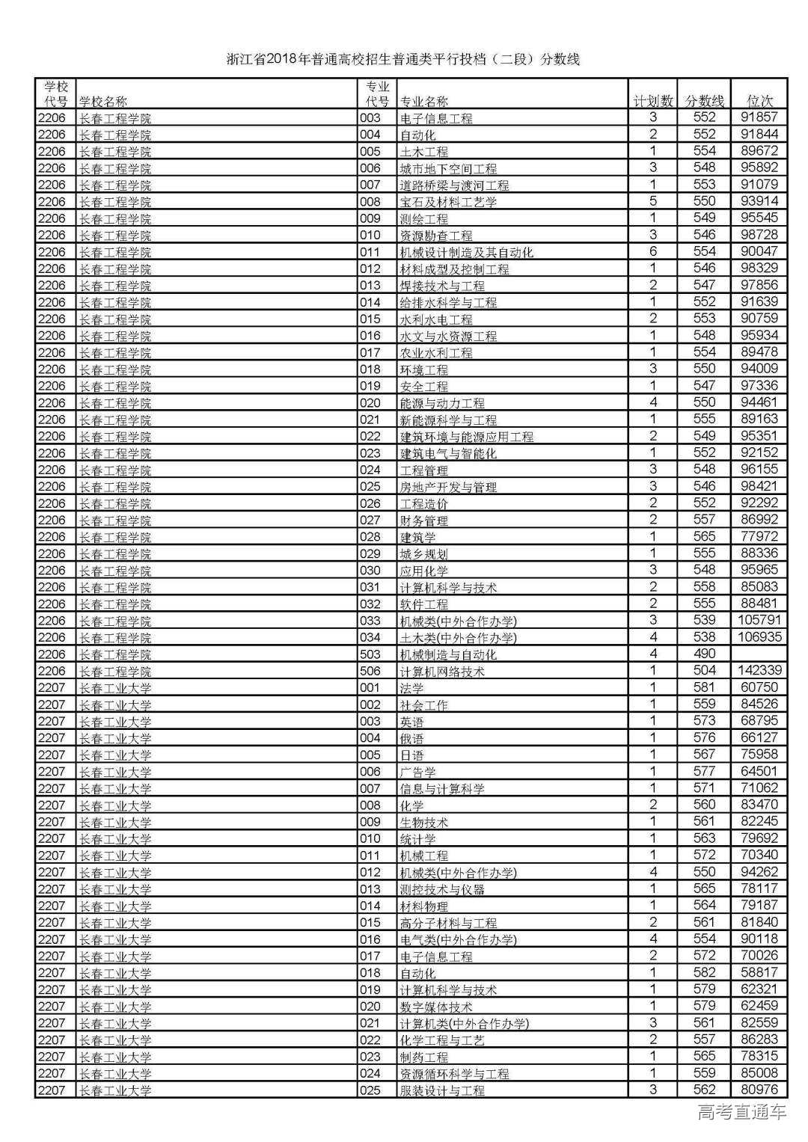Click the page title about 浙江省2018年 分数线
(x=403, y=59)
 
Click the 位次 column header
(x=759, y=100)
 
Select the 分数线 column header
(x=704, y=100)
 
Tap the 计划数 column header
(x=652, y=100)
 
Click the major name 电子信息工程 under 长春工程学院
(x=436, y=118)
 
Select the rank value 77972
(x=759, y=536)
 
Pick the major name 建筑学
(x=417, y=537)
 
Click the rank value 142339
(x=759, y=670)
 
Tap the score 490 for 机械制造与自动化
(x=704, y=654)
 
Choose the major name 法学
(x=411, y=688)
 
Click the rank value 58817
(x=759, y=972)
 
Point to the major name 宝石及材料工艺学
(x=448, y=202)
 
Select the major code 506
(x=370, y=671)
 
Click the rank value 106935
(x=759, y=636)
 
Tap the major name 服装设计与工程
(x=442, y=1090)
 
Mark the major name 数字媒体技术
(x=436, y=1007)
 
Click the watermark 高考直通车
(x=741, y=1112)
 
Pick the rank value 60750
(x=759, y=687)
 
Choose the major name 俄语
(x=411, y=738)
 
